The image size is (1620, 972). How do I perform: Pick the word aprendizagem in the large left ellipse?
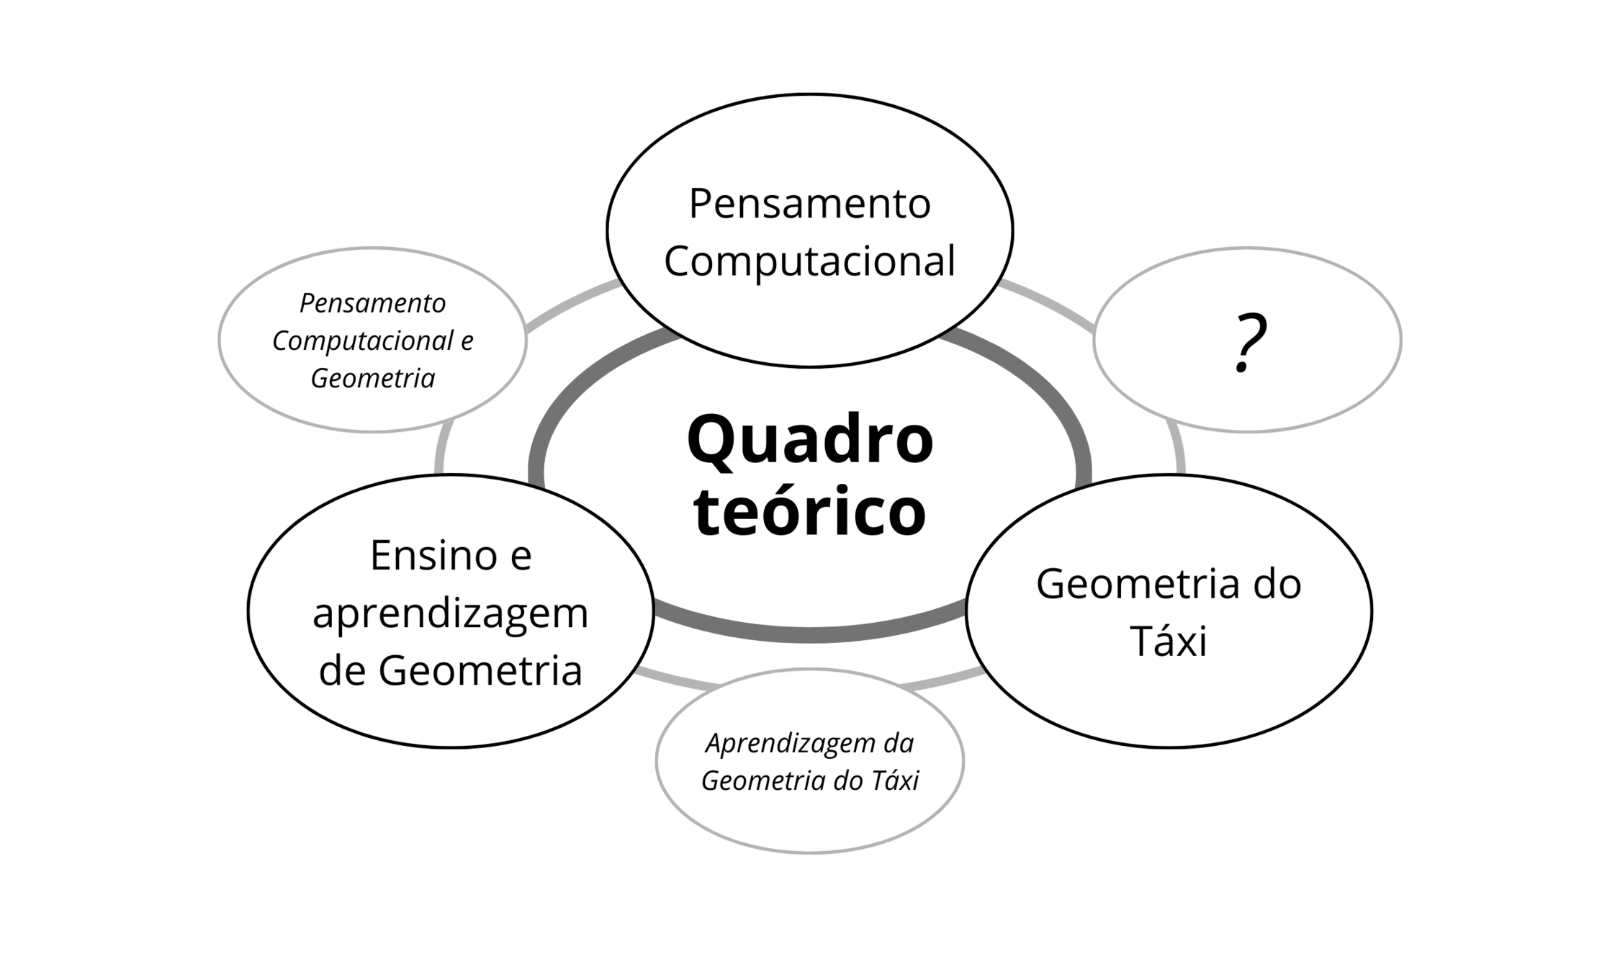[x=451, y=613]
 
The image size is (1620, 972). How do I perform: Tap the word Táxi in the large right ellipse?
[x=1168, y=641]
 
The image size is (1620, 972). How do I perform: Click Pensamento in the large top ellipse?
[x=810, y=204]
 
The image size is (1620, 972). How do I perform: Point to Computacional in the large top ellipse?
[x=810, y=261]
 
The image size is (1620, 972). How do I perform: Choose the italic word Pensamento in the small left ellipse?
[x=372, y=304]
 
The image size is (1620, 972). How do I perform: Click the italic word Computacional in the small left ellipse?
[x=363, y=341]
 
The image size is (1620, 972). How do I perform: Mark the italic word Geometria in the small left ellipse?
[x=372, y=379]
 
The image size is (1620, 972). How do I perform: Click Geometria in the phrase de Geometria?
[x=480, y=671]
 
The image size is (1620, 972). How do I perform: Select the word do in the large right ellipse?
[x=1282, y=584]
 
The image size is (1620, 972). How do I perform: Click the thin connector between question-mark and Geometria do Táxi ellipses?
[x=1176, y=450]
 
